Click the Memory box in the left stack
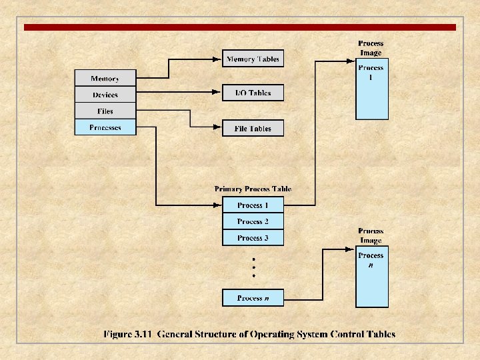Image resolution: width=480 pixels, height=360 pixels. [x=105, y=78]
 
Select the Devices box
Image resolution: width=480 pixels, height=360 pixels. [x=105, y=95]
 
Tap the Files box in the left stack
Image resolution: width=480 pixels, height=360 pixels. [x=105, y=111]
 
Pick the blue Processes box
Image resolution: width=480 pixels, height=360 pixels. [x=105, y=127]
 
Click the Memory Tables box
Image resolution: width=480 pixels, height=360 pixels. [x=253, y=59]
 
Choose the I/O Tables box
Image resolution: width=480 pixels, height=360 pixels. [x=253, y=93]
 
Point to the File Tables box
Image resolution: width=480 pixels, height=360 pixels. [x=253, y=128]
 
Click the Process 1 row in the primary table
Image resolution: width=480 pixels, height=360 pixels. [x=253, y=205]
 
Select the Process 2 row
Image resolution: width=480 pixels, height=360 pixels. [x=253, y=221]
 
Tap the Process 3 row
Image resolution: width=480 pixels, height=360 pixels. [x=253, y=237]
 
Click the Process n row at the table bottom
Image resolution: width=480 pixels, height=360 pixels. [x=253, y=298]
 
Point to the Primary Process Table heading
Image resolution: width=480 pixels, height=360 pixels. [x=253, y=189]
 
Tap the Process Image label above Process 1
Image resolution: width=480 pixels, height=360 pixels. [x=371, y=48]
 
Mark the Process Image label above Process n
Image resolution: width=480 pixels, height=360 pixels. [x=371, y=235]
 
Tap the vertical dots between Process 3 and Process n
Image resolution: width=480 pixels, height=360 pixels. [x=253, y=267]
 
